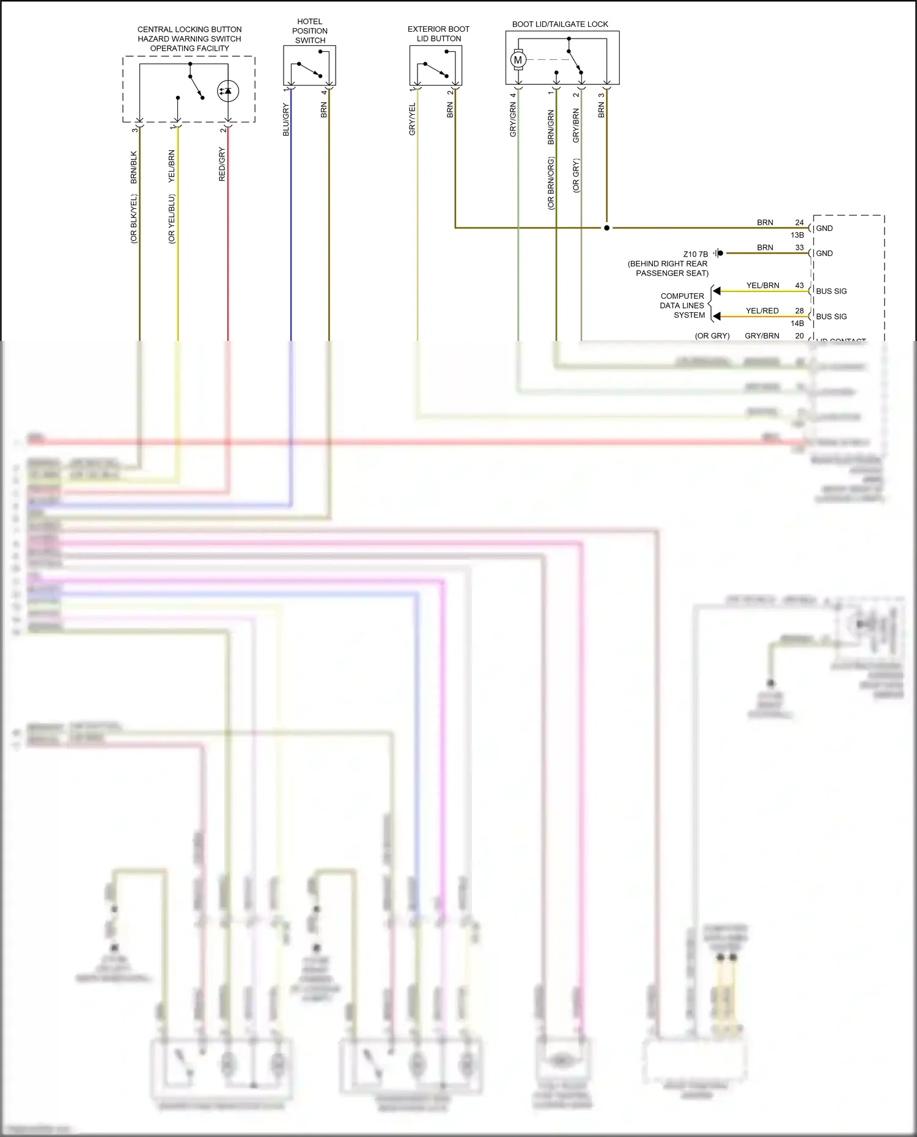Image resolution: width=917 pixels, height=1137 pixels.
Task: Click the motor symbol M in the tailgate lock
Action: pos(518,60)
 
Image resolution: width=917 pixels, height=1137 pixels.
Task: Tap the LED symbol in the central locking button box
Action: pos(228,91)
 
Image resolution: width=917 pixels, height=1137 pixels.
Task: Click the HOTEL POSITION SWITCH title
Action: pos(310,31)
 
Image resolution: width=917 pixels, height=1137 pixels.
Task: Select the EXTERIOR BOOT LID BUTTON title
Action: pos(438,34)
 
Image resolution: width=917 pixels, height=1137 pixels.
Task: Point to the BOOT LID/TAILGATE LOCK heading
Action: pos(560,24)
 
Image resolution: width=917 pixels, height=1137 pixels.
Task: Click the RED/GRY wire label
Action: pos(222,164)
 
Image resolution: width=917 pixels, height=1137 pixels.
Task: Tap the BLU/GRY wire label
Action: pos(285,120)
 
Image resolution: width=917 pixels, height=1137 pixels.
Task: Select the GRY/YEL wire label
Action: pos(412,119)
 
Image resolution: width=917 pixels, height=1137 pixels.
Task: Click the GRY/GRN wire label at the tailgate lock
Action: pos(513,119)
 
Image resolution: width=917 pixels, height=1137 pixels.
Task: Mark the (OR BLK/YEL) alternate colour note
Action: pos(134,219)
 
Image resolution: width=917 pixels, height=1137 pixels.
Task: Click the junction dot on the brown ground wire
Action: pos(606,228)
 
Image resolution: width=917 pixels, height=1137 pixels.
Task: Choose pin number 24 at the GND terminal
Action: pos(800,222)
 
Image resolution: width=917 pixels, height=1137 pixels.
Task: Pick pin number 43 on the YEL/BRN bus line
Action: pos(800,285)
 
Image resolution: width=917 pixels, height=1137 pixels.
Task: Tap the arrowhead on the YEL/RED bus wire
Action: pos(717,316)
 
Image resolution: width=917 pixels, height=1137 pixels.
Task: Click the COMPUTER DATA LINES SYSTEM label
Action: pos(682,305)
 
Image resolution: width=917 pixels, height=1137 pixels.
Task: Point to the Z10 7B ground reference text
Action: pos(695,254)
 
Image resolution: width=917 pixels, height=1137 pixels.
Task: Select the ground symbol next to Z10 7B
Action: pos(719,253)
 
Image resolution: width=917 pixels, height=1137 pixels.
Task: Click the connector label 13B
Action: pos(797,235)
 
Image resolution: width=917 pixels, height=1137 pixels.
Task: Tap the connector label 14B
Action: pos(797,323)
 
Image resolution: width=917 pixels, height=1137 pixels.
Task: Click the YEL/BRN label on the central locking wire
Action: pos(172,166)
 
